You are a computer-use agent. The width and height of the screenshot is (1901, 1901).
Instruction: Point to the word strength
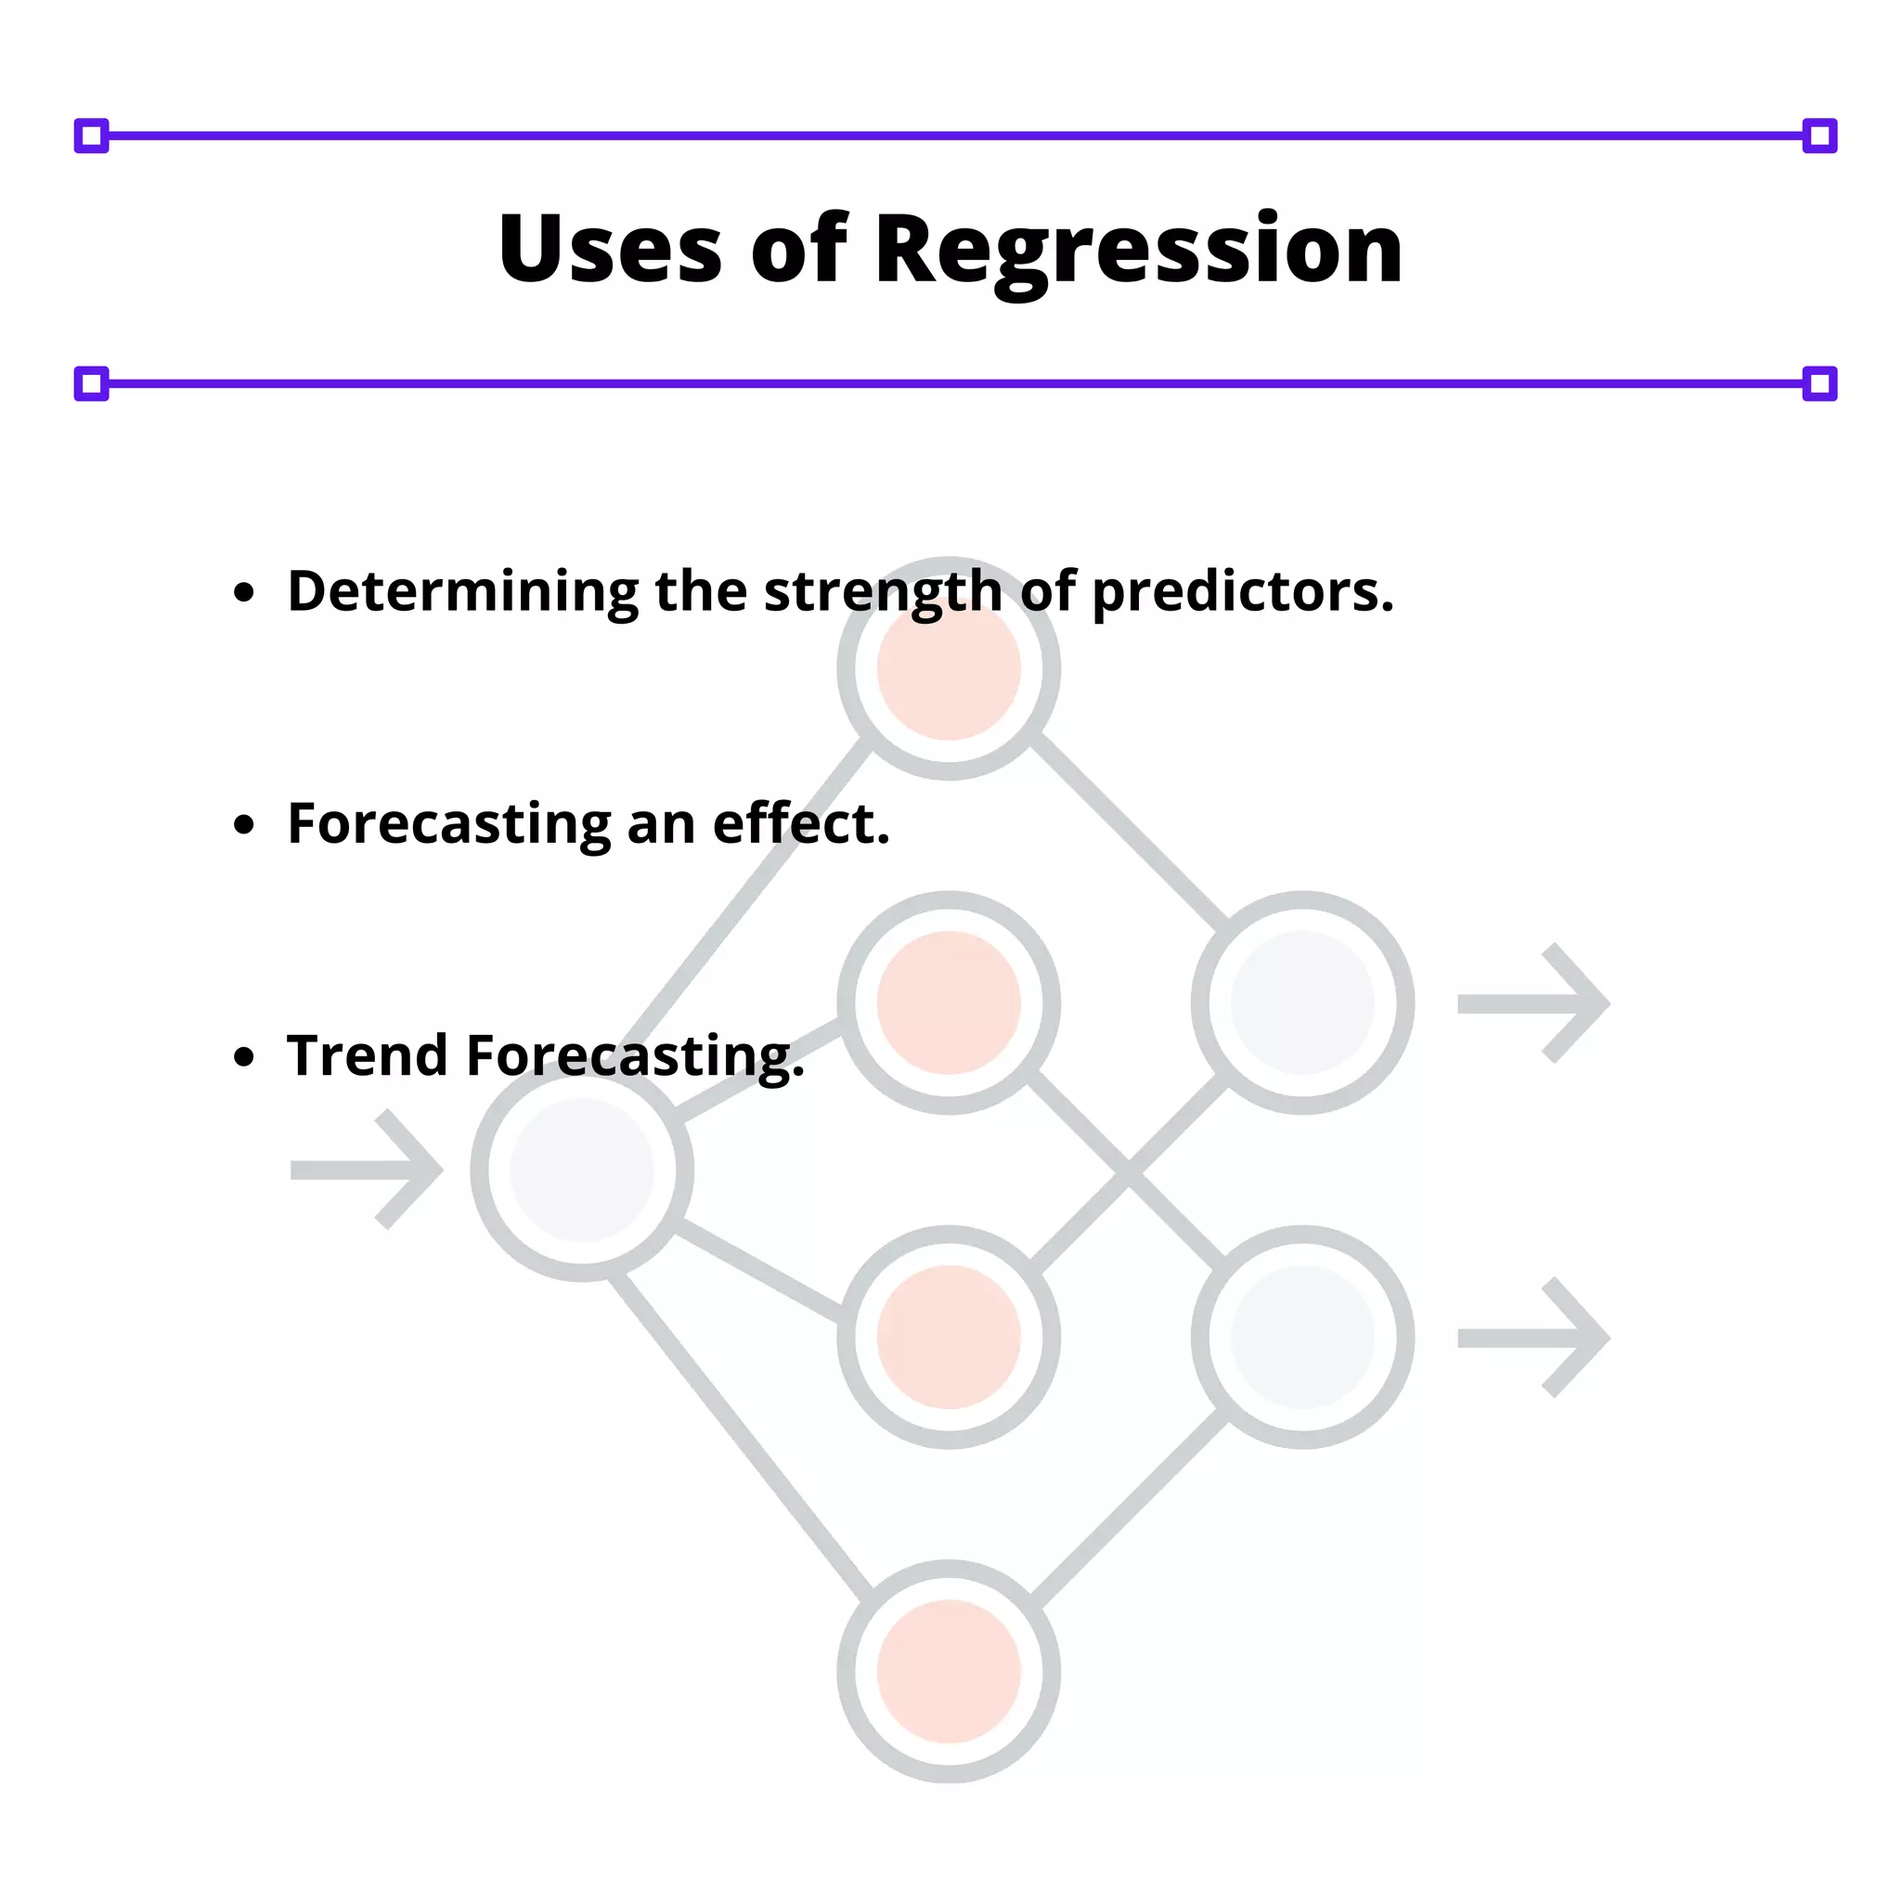tap(883, 593)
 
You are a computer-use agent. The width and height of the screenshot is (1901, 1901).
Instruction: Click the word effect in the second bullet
tap(800, 823)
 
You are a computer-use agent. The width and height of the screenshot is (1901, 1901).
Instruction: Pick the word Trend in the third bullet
tap(367, 1055)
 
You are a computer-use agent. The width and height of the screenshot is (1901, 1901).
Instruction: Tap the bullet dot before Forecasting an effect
tap(244, 824)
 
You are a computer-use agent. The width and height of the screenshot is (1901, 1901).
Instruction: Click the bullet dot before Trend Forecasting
tap(244, 1056)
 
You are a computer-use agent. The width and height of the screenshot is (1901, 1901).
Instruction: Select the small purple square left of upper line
tap(92, 136)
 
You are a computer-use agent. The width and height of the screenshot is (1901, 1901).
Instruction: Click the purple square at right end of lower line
tap(1819, 383)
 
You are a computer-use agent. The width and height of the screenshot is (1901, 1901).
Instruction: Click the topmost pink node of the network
tap(949, 669)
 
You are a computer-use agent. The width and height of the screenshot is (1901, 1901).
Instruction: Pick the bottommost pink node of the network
tap(949, 1672)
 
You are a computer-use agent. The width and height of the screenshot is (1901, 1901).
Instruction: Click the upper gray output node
tap(1301, 1002)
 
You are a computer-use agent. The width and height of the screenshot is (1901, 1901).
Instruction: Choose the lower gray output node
tap(1301, 1338)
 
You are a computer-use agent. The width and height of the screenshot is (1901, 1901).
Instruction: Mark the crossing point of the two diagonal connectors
tap(1128, 1170)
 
